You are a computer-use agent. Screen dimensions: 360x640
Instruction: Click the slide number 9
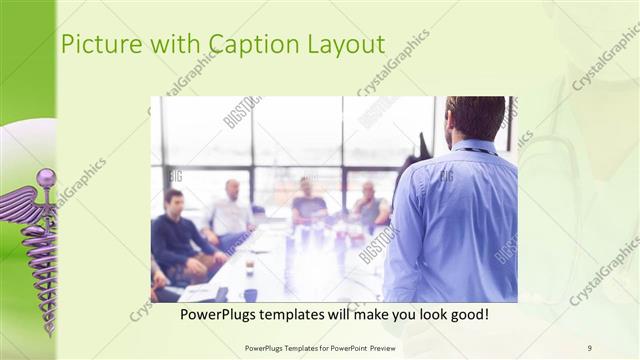pos(589,348)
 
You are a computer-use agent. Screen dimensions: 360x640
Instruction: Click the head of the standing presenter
pos(475,117)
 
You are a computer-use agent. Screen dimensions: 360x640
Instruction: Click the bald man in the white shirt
pos(230,210)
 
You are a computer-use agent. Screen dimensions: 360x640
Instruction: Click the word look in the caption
pos(419,315)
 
